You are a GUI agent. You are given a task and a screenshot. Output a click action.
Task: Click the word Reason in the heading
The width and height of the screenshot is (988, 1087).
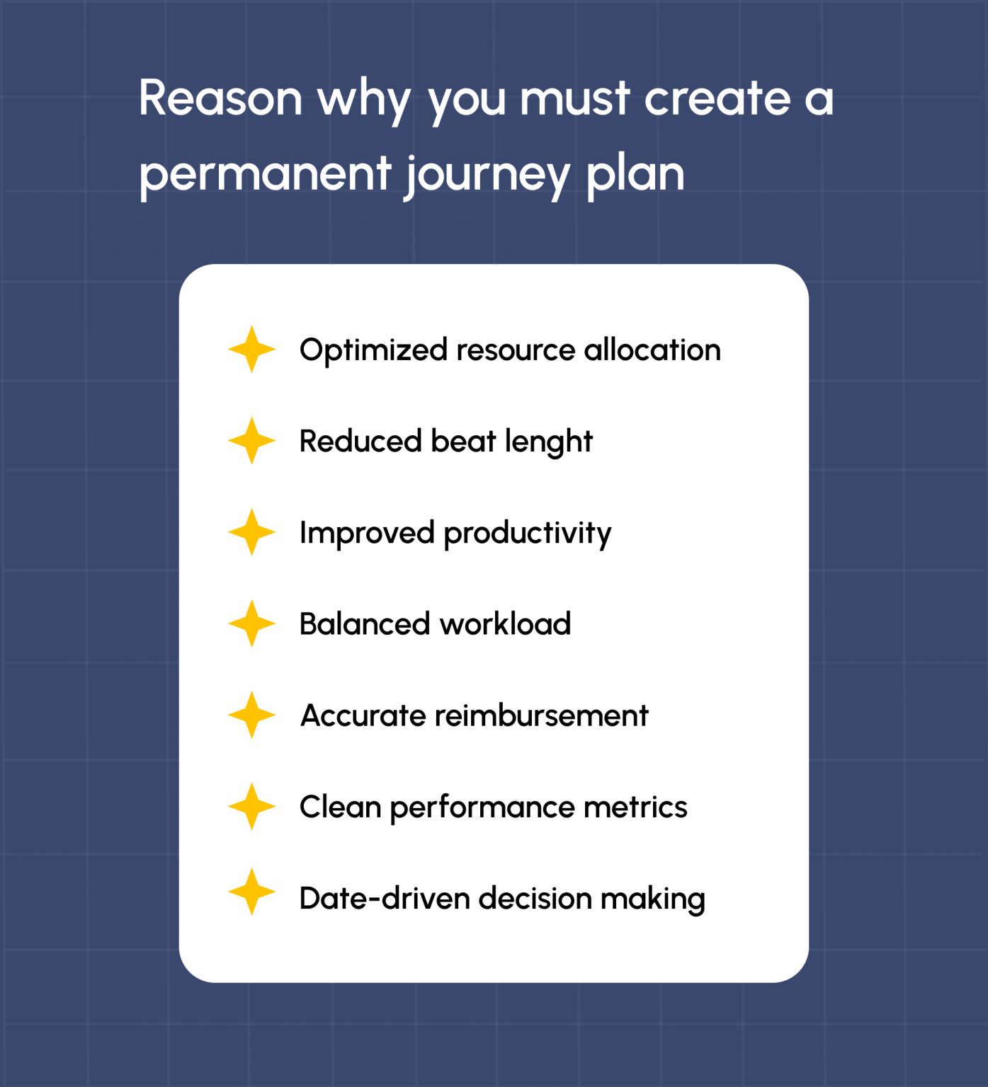click(221, 98)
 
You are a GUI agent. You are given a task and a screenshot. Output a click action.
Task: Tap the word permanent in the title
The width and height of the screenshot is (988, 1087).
click(265, 174)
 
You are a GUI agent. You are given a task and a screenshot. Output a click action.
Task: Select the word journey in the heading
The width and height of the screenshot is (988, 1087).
click(488, 174)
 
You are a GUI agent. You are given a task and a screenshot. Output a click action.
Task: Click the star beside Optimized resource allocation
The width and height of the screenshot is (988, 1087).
click(251, 350)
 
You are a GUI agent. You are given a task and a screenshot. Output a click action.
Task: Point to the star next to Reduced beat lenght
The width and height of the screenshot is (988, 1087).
click(251, 441)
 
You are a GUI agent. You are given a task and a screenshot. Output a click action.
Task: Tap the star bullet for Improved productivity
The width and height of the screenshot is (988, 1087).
click(251, 532)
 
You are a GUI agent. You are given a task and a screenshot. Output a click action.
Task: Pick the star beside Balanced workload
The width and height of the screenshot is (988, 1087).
click(251, 623)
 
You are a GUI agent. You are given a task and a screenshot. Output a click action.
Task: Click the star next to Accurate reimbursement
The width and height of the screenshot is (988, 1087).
click(251, 715)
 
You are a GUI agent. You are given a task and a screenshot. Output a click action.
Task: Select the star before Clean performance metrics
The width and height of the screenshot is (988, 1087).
click(251, 806)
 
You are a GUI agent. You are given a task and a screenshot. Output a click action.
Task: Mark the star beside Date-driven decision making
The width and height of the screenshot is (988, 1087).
click(251, 892)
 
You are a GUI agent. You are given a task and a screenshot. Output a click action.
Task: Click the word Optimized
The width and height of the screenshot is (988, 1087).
click(373, 351)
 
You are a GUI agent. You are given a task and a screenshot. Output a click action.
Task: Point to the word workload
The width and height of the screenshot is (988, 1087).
click(505, 624)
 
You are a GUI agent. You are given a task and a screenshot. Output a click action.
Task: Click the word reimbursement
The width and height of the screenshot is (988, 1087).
click(542, 715)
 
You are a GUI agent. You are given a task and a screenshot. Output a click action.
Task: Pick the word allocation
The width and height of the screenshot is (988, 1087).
click(652, 350)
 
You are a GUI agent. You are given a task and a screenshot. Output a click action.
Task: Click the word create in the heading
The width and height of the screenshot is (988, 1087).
click(717, 98)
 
